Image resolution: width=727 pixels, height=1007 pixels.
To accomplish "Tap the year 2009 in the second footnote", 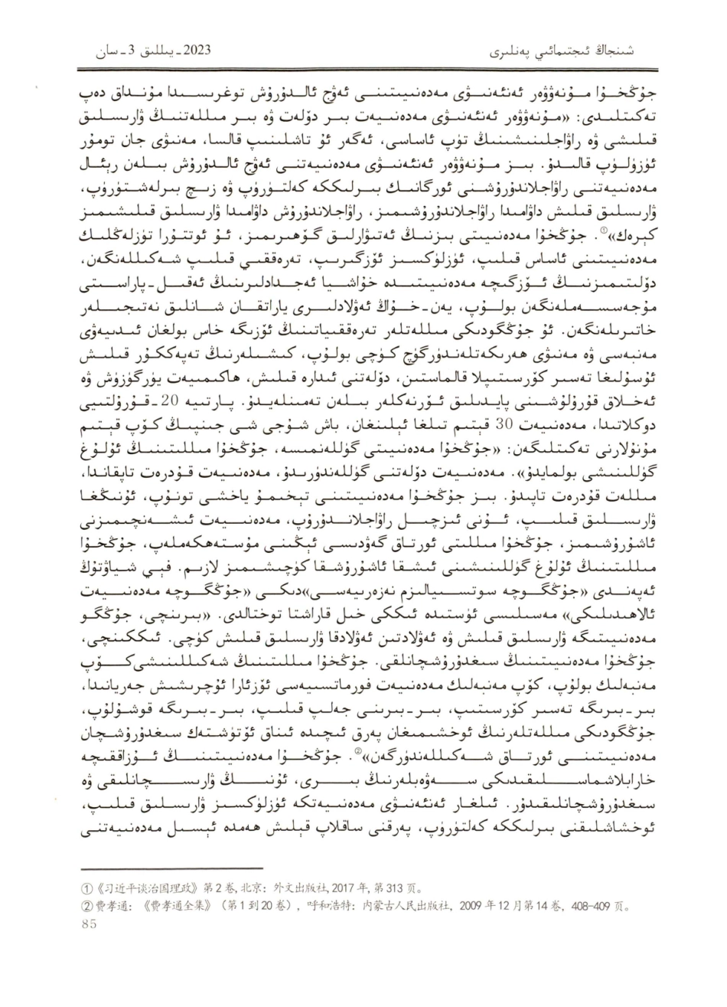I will coord(456,906).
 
